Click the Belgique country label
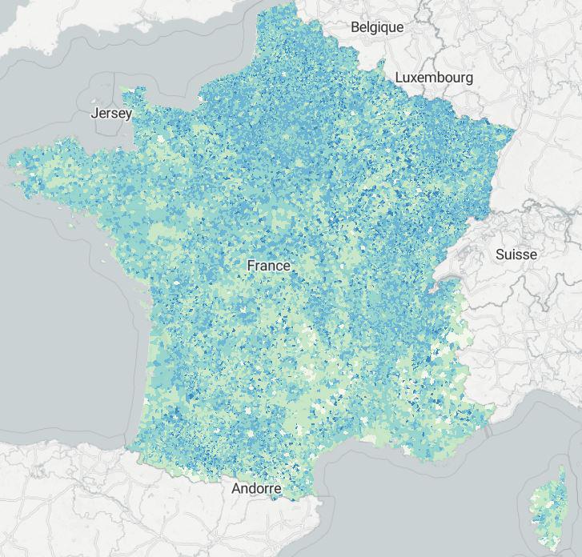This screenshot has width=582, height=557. pyautogui.click(x=377, y=27)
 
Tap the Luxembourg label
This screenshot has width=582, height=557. pyautogui.click(x=435, y=78)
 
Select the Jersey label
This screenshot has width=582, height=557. pyautogui.click(x=111, y=113)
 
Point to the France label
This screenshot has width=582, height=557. pyautogui.click(x=269, y=265)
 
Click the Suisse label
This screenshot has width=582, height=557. pyautogui.click(x=516, y=254)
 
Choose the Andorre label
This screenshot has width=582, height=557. pyautogui.click(x=256, y=488)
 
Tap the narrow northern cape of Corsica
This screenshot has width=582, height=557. pyautogui.click(x=560, y=475)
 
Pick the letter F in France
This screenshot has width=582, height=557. pyautogui.click(x=251, y=265)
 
